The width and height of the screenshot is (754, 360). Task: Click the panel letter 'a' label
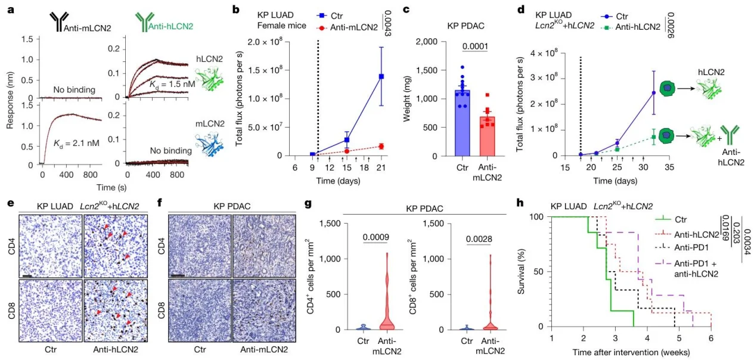(x=11, y=10)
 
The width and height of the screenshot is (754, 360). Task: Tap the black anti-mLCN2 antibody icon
(x=59, y=22)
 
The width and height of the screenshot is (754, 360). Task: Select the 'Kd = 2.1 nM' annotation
(x=76, y=144)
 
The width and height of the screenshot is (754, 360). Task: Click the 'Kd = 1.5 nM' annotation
(x=172, y=84)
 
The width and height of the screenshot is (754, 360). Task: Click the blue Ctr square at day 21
(x=381, y=77)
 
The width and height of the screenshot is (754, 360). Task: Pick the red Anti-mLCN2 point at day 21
(x=381, y=146)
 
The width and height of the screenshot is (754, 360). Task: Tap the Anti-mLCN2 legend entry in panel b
(x=347, y=27)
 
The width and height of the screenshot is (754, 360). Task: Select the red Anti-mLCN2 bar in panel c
(x=487, y=136)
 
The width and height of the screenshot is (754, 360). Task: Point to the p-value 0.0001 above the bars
(x=475, y=46)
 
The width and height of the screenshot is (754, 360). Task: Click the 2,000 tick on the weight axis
(x=426, y=42)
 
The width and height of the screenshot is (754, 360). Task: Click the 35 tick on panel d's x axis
(x=669, y=167)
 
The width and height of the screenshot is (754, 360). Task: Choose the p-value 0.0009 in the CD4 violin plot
(x=376, y=237)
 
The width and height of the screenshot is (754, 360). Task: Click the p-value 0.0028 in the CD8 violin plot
(x=479, y=239)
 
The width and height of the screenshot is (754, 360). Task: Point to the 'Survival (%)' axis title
(x=521, y=271)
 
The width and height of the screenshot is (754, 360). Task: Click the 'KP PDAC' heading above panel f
(x=232, y=206)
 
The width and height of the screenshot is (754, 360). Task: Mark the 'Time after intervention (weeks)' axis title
(x=631, y=352)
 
